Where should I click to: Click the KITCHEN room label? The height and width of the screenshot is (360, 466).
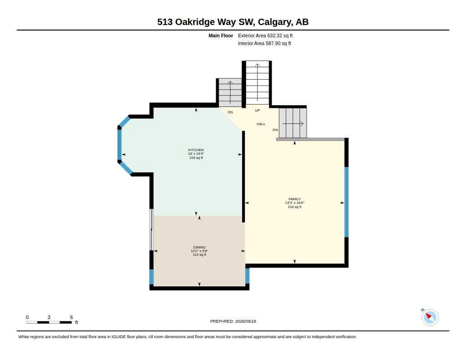pos(196,150)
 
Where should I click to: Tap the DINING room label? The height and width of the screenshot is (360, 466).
pos(199,247)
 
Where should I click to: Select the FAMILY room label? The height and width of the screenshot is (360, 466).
pos(294,199)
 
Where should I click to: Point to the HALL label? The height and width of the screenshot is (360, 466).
pos(261,124)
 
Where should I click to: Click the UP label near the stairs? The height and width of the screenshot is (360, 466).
pos(258,110)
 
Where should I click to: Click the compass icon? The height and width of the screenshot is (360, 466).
pos(430,317)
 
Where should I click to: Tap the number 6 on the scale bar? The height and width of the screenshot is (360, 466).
pos(71,317)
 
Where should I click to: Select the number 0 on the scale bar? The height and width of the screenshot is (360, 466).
pos(27,317)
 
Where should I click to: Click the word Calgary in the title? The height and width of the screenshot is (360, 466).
pos(275,22)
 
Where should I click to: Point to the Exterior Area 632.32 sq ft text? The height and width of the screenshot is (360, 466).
pos(265,35)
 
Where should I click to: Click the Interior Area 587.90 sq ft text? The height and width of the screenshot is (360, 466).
pos(264,43)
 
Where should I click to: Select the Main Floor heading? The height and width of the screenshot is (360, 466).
pos(221,35)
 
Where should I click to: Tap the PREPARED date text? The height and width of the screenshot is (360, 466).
pos(233,321)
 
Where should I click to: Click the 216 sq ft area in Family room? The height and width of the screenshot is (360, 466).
pos(294,207)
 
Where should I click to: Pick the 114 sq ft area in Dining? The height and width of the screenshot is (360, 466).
pos(199,255)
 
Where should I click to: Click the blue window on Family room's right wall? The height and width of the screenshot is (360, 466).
pos(346,202)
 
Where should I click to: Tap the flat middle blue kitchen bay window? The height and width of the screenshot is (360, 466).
pos(120,145)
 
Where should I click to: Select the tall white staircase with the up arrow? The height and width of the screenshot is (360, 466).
pos(258,83)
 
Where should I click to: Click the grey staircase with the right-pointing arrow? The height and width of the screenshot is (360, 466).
pos(293,123)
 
